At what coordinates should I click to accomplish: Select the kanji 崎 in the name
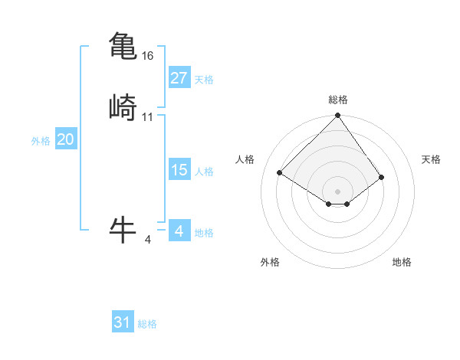[123, 108]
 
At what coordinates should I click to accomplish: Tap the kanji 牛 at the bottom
[123, 229]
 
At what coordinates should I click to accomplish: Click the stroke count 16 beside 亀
[148, 56]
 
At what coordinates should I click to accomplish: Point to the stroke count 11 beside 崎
[148, 117]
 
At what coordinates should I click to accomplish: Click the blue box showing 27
[179, 78]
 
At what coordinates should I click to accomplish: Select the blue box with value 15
[179, 170]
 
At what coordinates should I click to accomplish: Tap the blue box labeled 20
[65, 139]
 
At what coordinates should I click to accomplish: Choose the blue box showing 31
[123, 322]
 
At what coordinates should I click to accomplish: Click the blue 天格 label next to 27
[204, 80]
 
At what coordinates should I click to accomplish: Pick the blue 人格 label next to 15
[204, 172]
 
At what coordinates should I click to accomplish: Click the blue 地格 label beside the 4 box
[204, 233]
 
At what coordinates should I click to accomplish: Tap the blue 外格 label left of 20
[41, 141]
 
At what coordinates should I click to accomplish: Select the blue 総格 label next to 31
[147, 324]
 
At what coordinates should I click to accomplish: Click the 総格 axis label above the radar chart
[338, 100]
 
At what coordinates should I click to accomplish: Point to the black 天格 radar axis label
[431, 159]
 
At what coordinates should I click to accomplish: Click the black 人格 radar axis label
[245, 159]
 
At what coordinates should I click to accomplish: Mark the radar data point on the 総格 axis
[338, 116]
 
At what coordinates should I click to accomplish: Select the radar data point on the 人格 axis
[280, 172]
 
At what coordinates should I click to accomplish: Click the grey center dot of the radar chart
[338, 191]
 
